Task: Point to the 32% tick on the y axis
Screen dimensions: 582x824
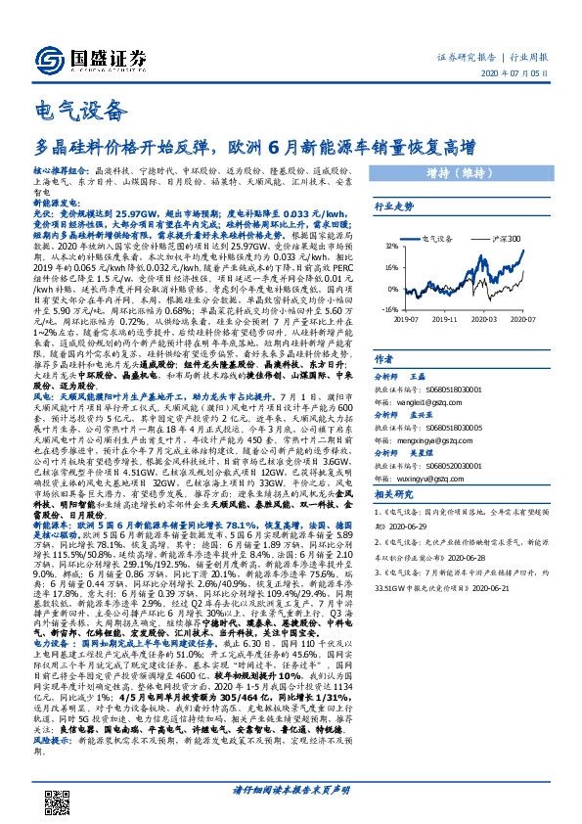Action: [390, 247]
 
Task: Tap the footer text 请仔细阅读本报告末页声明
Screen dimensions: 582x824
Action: [291, 789]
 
